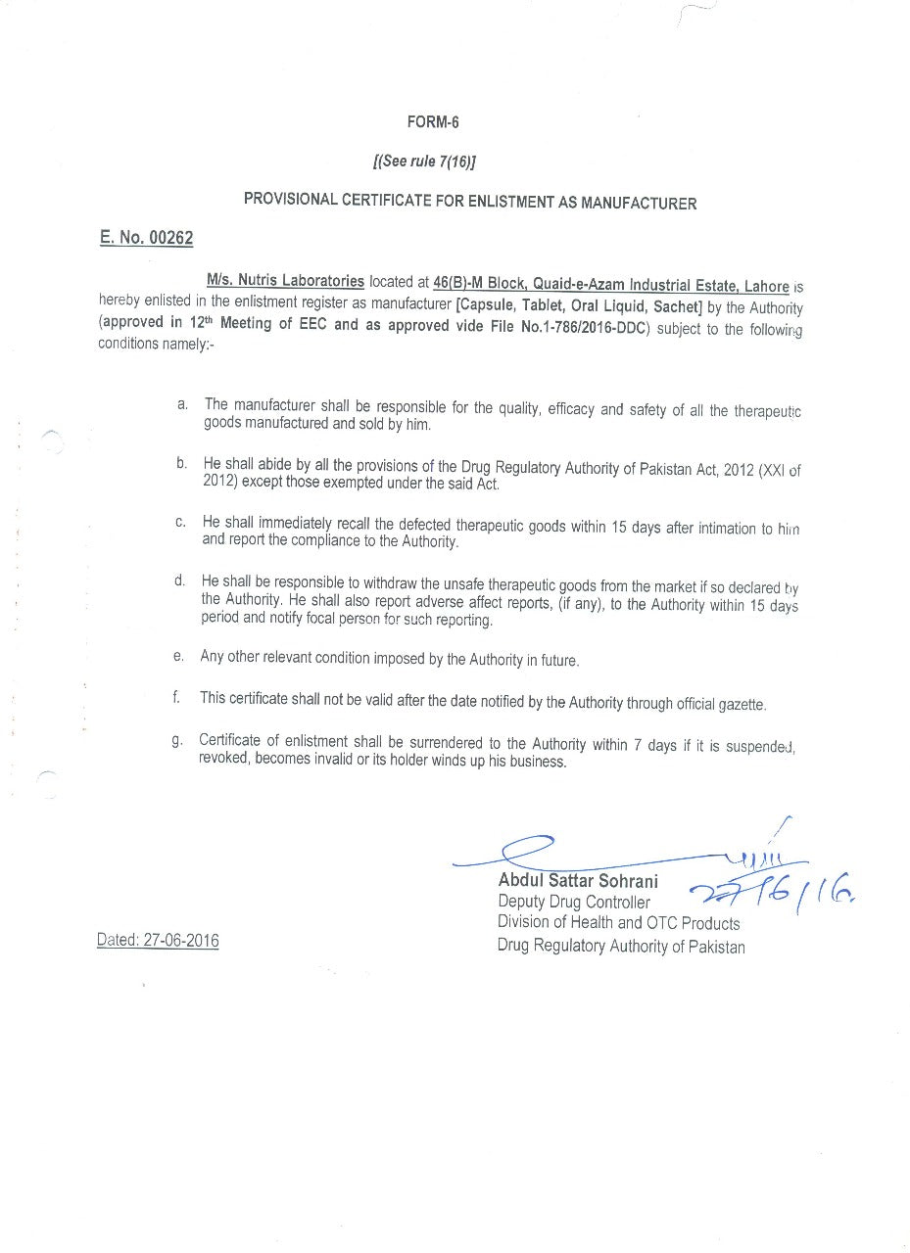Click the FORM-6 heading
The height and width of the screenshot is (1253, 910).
(x=433, y=122)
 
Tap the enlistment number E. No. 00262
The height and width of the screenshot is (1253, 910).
(x=147, y=238)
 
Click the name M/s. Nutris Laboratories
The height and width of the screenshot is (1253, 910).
(x=285, y=281)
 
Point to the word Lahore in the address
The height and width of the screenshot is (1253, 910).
(x=766, y=286)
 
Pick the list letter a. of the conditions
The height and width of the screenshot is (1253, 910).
(x=182, y=403)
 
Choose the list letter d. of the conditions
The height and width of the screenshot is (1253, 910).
(x=180, y=580)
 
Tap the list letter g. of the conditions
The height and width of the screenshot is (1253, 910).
(x=177, y=740)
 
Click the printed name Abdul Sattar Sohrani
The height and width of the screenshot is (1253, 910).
(x=578, y=881)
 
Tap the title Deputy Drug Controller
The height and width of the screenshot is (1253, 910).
(x=573, y=902)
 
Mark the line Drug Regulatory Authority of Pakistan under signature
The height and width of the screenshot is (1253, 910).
(x=620, y=946)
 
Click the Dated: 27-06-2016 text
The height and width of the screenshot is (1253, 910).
(x=158, y=941)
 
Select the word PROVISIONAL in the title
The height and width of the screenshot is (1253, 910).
(x=289, y=200)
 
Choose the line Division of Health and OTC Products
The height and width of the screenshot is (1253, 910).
(x=618, y=922)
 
